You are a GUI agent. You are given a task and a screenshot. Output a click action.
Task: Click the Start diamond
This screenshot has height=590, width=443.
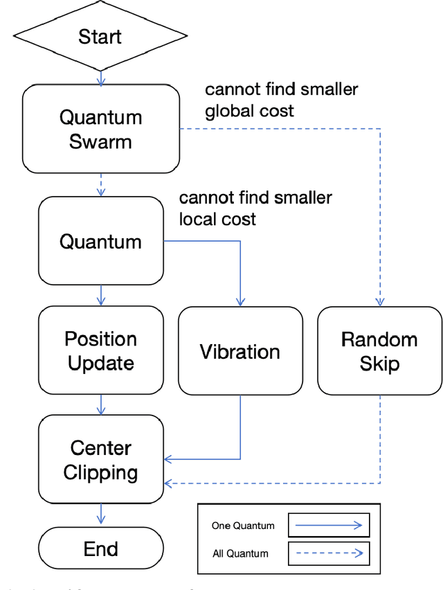pos(101,36)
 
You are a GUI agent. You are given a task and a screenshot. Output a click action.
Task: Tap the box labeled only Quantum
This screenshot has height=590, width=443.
pos(100,241)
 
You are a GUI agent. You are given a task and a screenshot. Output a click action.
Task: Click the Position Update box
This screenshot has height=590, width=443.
pos(100,350)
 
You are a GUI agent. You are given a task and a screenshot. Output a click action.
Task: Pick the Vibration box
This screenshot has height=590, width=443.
pos(240,350)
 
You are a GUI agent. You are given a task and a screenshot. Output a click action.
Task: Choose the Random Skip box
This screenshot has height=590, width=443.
pos(379,350)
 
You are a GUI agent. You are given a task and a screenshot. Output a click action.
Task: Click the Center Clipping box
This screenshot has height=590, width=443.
pos(100,460)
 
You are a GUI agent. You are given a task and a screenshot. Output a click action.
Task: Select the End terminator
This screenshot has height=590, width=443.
pos(100,549)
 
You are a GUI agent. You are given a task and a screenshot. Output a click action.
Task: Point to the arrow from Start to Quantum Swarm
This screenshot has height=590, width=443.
pos(101,78)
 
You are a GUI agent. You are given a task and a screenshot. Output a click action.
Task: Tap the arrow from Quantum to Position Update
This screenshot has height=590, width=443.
pos(101,296)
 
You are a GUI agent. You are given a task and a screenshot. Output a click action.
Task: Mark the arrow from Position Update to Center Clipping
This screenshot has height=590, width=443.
pos(101,405)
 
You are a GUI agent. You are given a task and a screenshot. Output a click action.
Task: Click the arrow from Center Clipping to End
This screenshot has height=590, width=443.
pos(101,514)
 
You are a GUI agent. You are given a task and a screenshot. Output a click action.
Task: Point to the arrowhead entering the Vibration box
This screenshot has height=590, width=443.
pos(240,302)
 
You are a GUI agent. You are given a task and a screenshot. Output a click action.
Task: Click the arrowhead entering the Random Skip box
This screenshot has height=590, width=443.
pos(379,302)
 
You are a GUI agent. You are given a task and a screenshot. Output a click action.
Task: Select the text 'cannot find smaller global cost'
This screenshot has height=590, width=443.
pos(281,100)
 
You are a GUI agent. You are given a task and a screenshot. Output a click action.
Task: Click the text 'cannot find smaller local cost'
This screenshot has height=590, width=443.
pos(255,208)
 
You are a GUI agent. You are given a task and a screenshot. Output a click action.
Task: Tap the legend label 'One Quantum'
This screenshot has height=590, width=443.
pos(242,526)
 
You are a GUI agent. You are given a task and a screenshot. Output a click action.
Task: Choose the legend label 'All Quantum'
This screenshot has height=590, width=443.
pos(239,553)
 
